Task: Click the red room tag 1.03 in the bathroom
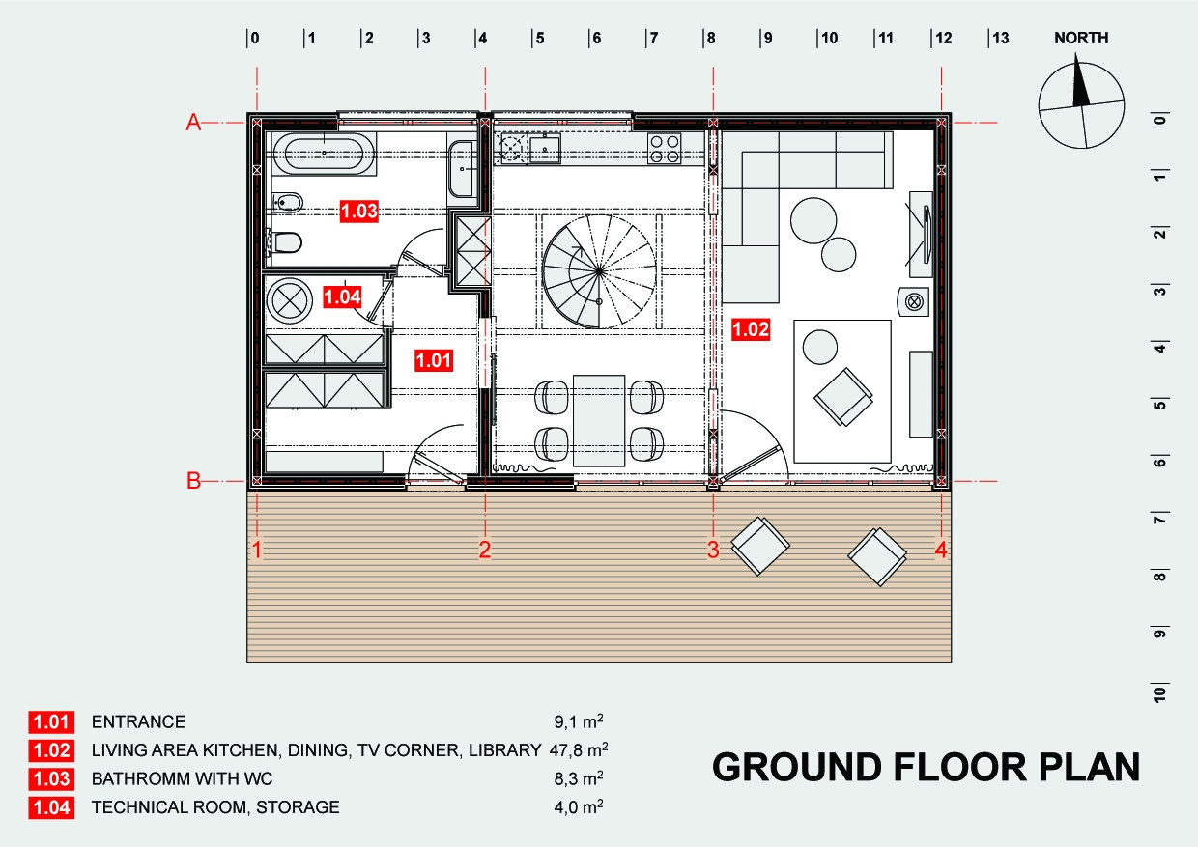pos(359,212)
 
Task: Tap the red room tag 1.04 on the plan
pos(342,296)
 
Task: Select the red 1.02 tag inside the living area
pos(751,329)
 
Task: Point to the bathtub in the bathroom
pos(324,154)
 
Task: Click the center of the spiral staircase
pos(600,271)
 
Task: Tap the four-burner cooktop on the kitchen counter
pos(665,149)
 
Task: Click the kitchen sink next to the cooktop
pos(545,149)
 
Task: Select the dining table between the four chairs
pos(599,420)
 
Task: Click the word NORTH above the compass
pos(1081,38)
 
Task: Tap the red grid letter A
pos(193,123)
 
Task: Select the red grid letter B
pos(193,481)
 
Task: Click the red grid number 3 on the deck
pos(713,550)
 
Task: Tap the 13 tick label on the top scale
pos(1001,38)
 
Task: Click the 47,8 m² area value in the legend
pos(579,749)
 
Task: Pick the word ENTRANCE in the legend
pos(138,721)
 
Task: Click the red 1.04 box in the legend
pos(51,807)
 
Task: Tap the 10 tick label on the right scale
pos(1159,694)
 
